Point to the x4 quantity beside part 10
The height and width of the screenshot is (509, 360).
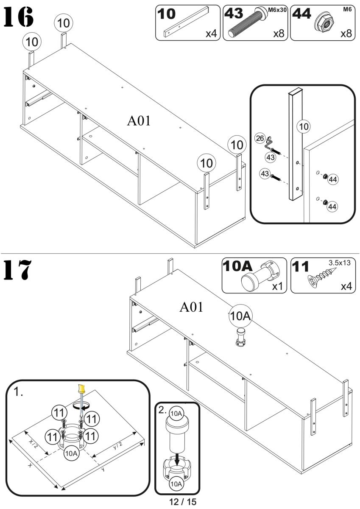click(x=211, y=34)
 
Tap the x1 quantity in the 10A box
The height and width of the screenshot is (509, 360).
click(x=277, y=286)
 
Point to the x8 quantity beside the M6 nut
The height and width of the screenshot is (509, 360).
click(x=346, y=34)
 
